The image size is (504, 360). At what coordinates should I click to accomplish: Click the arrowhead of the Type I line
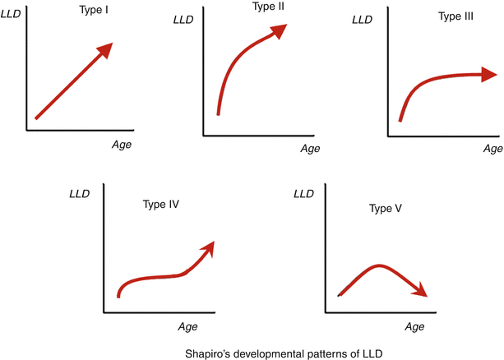point(105,51)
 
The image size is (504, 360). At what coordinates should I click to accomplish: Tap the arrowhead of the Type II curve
point(280,30)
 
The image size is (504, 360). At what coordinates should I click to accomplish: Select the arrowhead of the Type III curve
point(492,76)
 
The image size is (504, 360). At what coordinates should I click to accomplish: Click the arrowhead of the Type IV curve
point(208,247)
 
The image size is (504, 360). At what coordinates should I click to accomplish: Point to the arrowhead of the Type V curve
point(420,291)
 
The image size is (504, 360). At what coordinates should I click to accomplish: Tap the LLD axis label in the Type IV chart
point(80,192)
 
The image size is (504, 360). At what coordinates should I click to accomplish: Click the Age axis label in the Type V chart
point(414,326)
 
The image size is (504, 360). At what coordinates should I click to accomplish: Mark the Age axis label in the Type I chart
point(121,144)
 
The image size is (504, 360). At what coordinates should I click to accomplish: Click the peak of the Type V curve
point(378,265)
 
